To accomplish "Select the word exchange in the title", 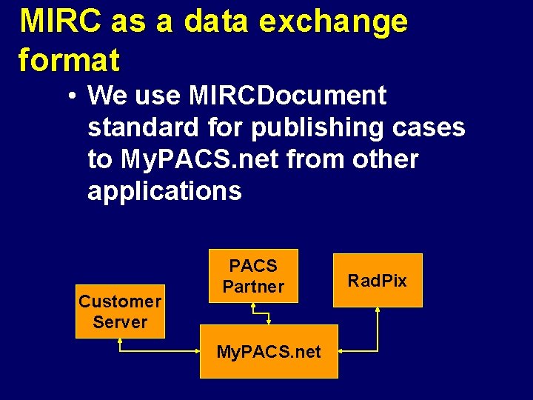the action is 333,22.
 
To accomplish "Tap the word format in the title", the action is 69,59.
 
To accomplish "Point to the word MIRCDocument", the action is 287,96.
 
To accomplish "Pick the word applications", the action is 164,191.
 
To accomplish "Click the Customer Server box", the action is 120,312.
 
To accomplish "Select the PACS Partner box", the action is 253,276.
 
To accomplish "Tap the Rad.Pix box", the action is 378,281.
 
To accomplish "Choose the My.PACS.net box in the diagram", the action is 269,351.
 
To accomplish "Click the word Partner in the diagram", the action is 253,286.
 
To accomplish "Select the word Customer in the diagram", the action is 120,301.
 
